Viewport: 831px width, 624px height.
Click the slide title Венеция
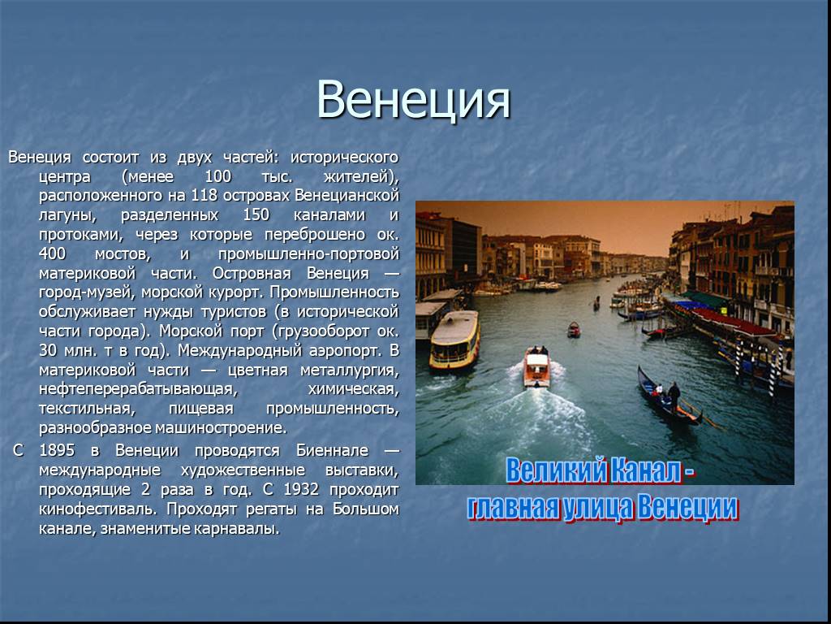coord(413,100)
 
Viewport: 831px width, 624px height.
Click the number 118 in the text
coord(205,195)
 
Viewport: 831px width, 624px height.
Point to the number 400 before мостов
coord(53,253)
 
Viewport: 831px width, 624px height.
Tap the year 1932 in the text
coord(301,489)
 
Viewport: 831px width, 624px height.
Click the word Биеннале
coord(332,450)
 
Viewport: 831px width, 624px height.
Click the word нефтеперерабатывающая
coord(138,389)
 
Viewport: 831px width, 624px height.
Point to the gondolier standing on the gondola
coord(674,396)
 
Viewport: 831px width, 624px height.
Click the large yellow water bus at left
coord(454,340)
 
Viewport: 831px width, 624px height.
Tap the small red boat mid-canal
coord(574,330)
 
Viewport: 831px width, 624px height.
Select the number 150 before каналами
coord(256,214)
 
